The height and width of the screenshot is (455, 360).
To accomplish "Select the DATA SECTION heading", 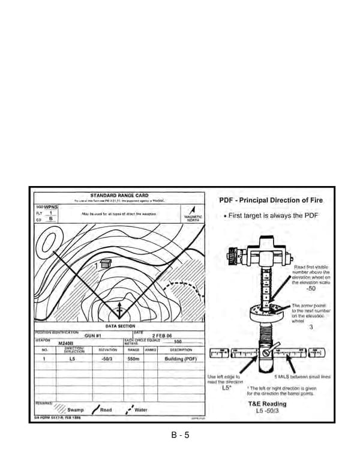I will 120,326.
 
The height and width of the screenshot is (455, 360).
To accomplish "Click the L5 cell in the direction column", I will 71,358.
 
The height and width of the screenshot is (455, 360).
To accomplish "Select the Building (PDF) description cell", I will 181,358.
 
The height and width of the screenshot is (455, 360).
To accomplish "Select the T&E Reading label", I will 267,404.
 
